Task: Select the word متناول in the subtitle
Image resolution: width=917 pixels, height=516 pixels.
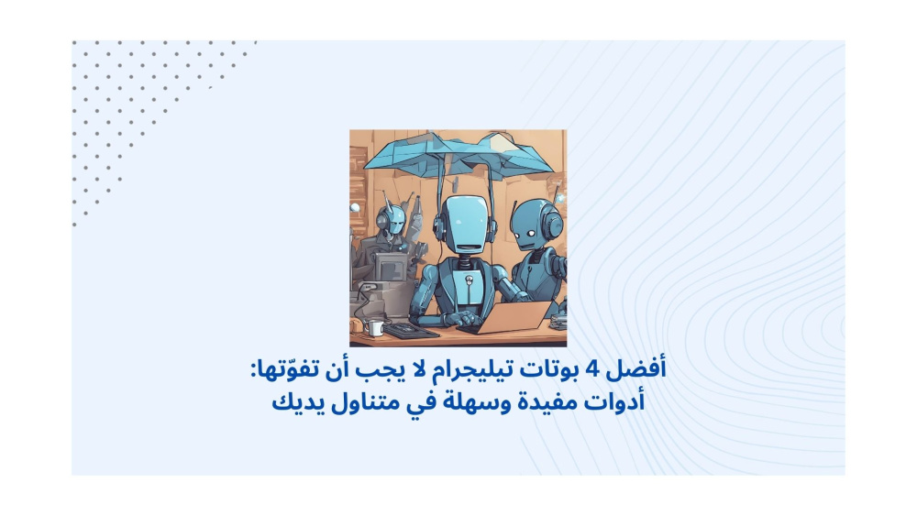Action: pyautogui.click(x=366, y=402)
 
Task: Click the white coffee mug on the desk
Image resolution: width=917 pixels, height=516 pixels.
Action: pyautogui.click(x=374, y=328)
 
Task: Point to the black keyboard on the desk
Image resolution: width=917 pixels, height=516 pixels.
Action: pyautogui.click(x=411, y=332)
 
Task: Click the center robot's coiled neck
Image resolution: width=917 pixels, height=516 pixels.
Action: pyautogui.click(x=464, y=261)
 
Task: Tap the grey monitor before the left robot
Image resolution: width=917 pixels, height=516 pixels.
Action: pyautogui.click(x=390, y=267)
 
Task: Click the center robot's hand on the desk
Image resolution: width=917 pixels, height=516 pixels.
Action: pyautogui.click(x=462, y=318)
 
